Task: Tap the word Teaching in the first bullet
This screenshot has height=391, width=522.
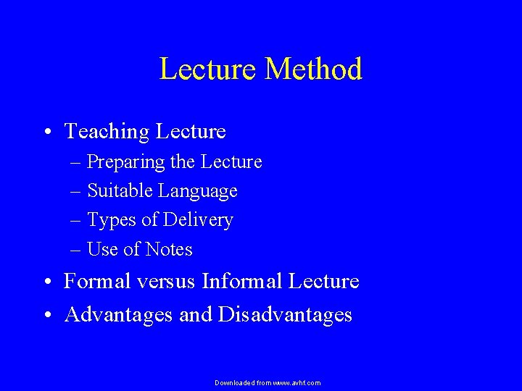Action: pos(106,132)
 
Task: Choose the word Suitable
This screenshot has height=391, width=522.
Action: pos(120,191)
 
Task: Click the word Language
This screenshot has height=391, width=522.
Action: pos(198,191)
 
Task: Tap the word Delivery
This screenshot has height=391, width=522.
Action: pos(198,220)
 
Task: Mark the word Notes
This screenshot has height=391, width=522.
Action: pos(168,250)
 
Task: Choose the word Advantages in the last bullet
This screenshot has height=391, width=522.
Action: pos(118,315)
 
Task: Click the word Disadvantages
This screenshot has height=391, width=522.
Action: pos(285,315)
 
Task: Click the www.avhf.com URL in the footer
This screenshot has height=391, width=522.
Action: pos(296,382)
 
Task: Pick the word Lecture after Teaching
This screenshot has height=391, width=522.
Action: pos(190,132)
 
